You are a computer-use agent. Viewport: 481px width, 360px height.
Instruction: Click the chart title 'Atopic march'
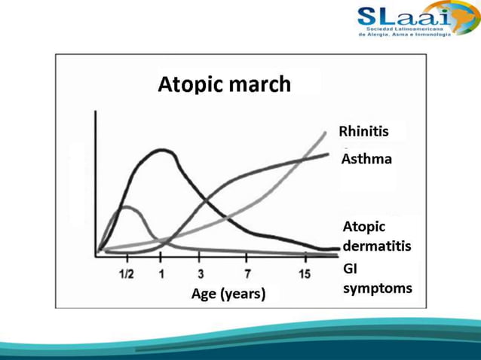(x=224, y=84)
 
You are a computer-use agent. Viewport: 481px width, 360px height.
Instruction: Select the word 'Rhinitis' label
(x=365, y=131)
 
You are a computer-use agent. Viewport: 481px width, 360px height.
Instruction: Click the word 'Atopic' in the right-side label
(x=364, y=227)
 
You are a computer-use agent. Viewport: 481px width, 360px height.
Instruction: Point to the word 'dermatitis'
(x=377, y=246)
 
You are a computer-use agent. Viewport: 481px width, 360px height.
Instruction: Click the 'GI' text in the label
(x=351, y=268)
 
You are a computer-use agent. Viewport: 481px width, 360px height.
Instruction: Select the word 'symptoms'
(x=378, y=288)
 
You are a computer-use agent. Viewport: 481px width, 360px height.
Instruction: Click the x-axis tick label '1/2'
(x=127, y=273)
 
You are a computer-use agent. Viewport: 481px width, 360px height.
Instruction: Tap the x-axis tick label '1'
(x=161, y=273)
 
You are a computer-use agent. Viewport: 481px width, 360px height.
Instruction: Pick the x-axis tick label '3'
(x=201, y=273)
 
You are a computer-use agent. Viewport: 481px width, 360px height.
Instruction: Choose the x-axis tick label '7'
(x=247, y=273)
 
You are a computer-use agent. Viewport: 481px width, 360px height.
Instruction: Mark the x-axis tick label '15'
(x=304, y=273)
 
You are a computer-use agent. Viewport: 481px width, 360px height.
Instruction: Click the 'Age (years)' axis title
(x=227, y=293)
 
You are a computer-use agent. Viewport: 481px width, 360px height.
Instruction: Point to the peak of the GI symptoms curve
(x=126, y=206)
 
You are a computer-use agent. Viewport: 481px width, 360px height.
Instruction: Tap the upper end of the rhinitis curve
(x=326, y=132)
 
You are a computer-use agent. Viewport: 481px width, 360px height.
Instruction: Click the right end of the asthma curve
(x=328, y=154)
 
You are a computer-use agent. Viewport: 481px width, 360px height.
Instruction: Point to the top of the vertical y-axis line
(x=96, y=112)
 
